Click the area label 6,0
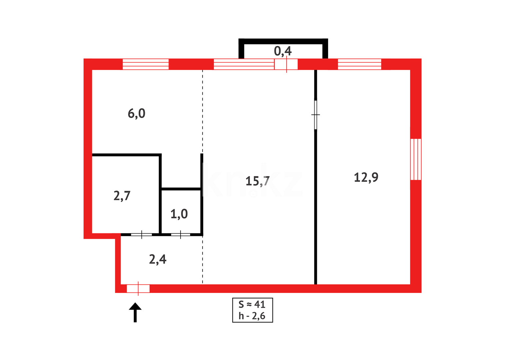click(x=137, y=114)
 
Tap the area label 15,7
click(x=257, y=181)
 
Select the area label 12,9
click(x=366, y=177)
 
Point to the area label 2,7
click(x=122, y=196)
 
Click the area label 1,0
click(x=179, y=214)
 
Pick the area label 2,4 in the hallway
click(x=158, y=259)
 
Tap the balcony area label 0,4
click(x=283, y=51)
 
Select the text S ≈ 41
click(x=252, y=304)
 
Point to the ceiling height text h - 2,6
click(x=252, y=316)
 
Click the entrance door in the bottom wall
click(x=138, y=288)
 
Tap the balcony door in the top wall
click(x=286, y=64)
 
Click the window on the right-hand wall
click(x=416, y=159)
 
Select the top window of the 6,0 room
click(x=146, y=64)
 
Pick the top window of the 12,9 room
click(x=359, y=64)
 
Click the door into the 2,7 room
click(x=142, y=235)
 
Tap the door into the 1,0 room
click(x=181, y=235)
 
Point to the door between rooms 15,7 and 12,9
click(x=315, y=115)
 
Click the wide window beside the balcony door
click(x=244, y=64)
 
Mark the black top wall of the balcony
click(x=283, y=41)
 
